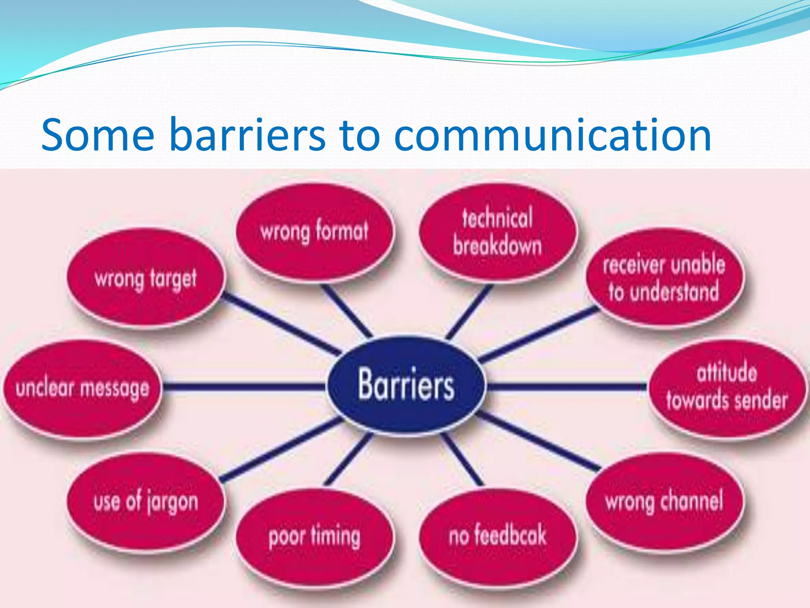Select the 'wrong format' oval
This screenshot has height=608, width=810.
tap(315, 232)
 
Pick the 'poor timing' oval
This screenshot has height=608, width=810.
tap(315, 536)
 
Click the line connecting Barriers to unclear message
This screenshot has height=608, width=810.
tap(243, 386)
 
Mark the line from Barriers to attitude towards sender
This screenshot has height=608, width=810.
tap(566, 386)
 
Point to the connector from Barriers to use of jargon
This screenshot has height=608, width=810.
tap(281, 449)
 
